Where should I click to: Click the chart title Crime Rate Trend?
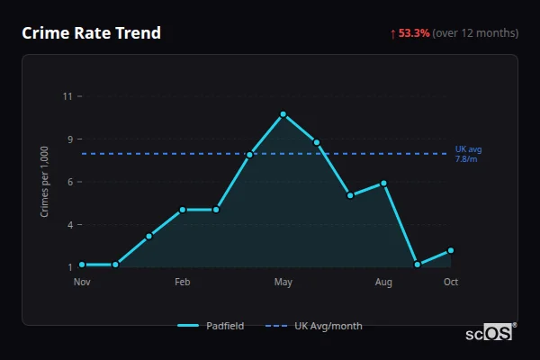91,33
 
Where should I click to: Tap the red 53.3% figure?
414,33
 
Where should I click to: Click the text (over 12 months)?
475,33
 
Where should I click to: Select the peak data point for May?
283,114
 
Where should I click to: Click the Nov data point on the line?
82,265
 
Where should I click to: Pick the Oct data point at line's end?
451,250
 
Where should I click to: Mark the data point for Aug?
383,183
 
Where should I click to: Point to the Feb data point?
183,210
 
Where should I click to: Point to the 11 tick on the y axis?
67,96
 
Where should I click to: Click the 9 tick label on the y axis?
68,139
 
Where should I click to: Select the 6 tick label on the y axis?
68,182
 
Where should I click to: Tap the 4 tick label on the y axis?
68,225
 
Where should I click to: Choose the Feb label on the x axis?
183,283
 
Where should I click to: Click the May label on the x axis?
283,283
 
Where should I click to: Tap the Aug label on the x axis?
383,283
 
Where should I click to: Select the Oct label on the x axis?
451,283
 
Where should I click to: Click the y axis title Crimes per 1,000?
45,182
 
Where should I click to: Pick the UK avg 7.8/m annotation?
468,153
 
